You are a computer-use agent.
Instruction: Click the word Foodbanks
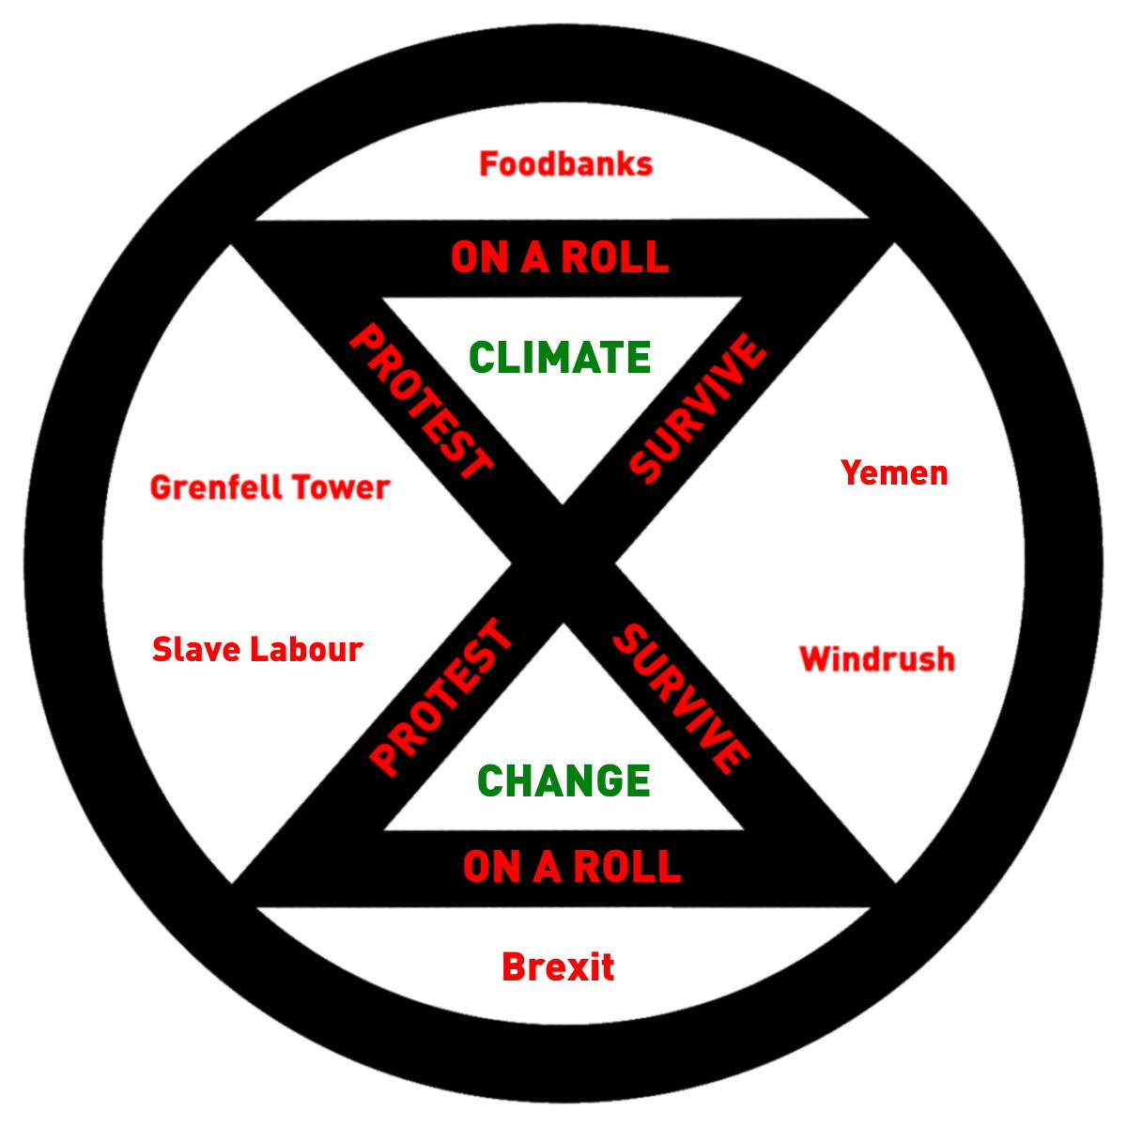565,164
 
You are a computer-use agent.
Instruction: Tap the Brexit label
558,967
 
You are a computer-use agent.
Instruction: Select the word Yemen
894,472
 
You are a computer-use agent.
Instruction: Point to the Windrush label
877,659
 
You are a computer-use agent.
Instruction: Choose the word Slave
193,649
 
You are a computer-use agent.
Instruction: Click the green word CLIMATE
560,358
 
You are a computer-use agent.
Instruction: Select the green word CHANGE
563,781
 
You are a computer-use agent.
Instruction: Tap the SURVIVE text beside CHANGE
681,698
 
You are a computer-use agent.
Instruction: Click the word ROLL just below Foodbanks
616,257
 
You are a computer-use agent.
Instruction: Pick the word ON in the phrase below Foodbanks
479,257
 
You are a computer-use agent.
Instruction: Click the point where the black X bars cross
563,563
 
